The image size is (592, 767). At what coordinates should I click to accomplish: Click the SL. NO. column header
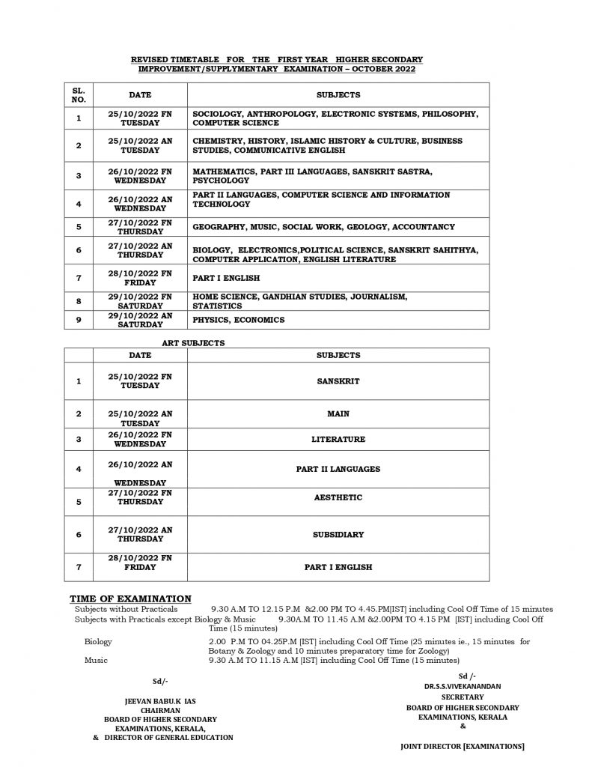tap(79, 95)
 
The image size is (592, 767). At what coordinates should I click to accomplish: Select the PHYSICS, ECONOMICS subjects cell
tap(239, 320)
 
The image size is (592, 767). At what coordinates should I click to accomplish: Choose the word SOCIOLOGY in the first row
tap(217, 113)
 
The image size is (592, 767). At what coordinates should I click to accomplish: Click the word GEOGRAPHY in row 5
tap(218, 226)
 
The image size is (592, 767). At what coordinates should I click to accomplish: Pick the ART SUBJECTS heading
tap(193, 342)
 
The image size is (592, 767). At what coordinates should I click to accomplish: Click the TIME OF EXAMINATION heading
tap(130, 598)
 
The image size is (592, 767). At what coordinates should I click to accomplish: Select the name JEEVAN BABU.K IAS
tap(159, 701)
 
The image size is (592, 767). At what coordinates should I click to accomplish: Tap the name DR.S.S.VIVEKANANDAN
tap(459, 685)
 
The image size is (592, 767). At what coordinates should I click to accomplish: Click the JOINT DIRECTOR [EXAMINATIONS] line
tap(463, 746)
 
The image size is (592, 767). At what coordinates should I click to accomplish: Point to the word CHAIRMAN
tap(159, 710)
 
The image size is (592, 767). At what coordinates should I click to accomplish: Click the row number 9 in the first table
tap(79, 320)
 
